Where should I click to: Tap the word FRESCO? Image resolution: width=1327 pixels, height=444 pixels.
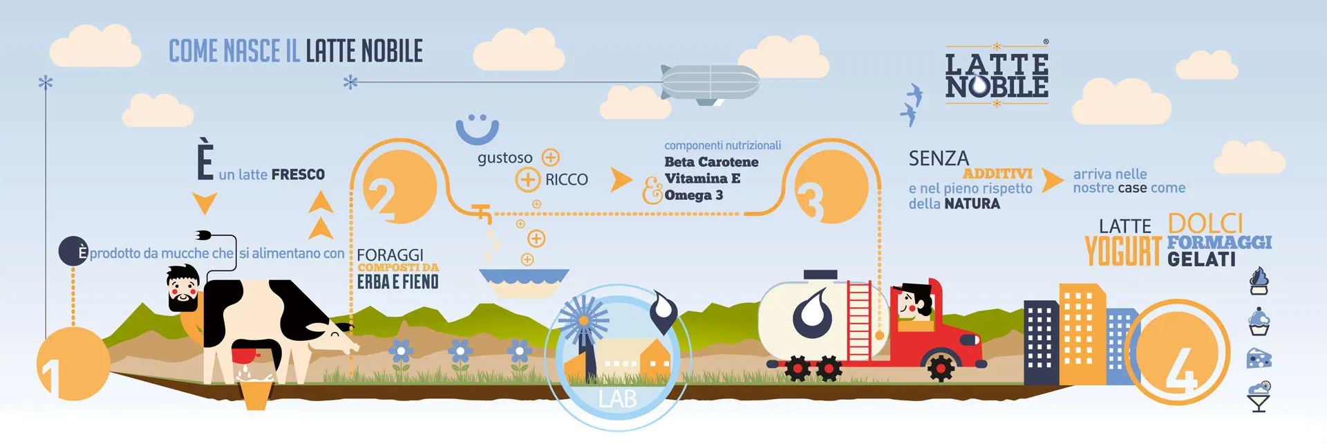coord(298,174)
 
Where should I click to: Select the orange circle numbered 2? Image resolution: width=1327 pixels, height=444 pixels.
coord(399,187)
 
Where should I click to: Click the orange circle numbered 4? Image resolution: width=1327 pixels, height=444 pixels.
coord(1181,353)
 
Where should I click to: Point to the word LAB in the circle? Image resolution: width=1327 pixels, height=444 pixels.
coord(617,399)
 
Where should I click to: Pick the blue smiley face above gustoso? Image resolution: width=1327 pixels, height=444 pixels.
coord(477,129)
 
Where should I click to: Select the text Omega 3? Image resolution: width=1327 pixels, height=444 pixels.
coord(693,195)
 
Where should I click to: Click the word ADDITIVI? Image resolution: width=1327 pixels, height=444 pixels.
coord(997,174)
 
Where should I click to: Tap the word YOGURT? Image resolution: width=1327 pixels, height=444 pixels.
coord(1122,251)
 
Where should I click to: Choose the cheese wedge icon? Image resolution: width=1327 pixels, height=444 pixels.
coord(1259,358)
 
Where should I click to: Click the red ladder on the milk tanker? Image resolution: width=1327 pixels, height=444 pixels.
coord(859,311)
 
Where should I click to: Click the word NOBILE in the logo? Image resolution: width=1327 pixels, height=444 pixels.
coord(997,87)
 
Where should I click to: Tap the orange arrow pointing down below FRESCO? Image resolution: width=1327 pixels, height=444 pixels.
coord(205,203)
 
